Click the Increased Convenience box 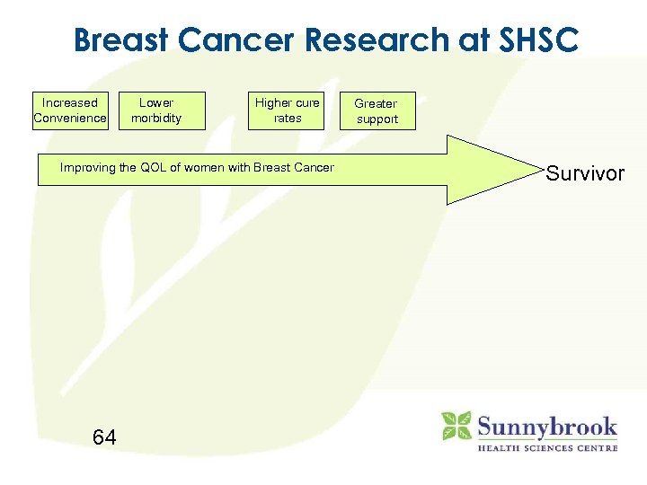(x=70, y=110)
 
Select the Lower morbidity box (x=156, y=110)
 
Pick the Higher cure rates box (x=287, y=110)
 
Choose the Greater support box (x=377, y=111)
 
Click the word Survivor (x=585, y=173)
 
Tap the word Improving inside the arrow (x=87, y=167)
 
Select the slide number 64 (x=104, y=437)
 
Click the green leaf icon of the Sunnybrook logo (x=456, y=426)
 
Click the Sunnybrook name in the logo (x=546, y=426)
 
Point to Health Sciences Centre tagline (x=546, y=447)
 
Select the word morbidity (x=156, y=118)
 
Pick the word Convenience (x=70, y=118)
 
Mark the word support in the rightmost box (x=377, y=119)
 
